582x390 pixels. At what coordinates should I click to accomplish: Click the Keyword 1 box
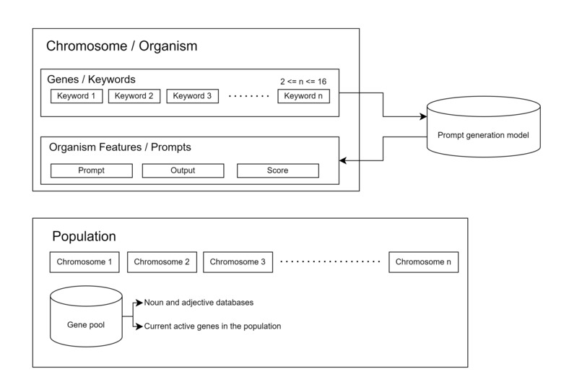pyautogui.click(x=77, y=96)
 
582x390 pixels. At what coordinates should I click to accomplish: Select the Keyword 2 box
pyautogui.click(x=134, y=96)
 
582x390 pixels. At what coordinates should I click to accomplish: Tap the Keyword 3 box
pyautogui.click(x=193, y=96)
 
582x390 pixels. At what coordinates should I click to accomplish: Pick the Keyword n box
pyautogui.click(x=303, y=96)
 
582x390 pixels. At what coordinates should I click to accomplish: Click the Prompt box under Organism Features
pyautogui.click(x=92, y=170)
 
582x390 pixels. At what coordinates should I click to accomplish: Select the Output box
pyautogui.click(x=183, y=170)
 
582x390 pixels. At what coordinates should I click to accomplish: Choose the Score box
pyautogui.click(x=277, y=170)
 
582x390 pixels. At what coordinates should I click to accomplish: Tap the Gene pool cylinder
pyautogui.click(x=86, y=317)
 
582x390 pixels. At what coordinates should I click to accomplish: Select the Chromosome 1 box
pyautogui.click(x=84, y=262)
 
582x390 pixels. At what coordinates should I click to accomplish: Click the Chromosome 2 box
pyautogui.click(x=162, y=262)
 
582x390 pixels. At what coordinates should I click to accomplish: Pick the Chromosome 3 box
pyautogui.click(x=238, y=262)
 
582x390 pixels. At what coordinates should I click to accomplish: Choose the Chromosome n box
pyautogui.click(x=423, y=262)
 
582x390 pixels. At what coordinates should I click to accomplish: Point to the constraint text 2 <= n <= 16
pyautogui.click(x=303, y=81)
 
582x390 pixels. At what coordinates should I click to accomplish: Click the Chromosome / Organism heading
pyautogui.click(x=121, y=46)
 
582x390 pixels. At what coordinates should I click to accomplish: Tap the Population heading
pyautogui.click(x=84, y=236)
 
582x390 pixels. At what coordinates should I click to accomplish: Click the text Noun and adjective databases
pyautogui.click(x=199, y=302)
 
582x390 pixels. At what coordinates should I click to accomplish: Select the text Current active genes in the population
pyautogui.click(x=212, y=326)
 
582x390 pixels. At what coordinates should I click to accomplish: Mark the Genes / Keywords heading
pyautogui.click(x=91, y=79)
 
